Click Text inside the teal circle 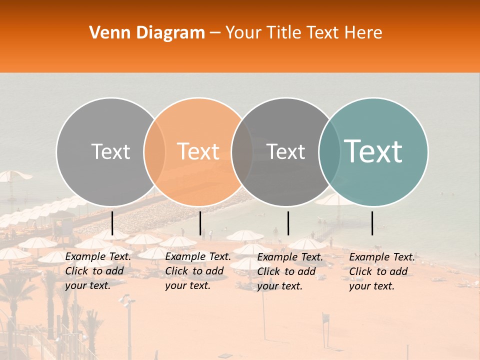click(x=373, y=151)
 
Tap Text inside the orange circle click(x=198, y=151)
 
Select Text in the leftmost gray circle click(x=110, y=151)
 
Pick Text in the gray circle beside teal click(x=285, y=151)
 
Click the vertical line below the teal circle click(x=372, y=223)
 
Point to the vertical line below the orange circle click(x=200, y=223)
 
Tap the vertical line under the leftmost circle click(x=112, y=223)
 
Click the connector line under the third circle click(x=288, y=223)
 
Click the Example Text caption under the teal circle click(x=381, y=271)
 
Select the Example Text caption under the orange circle click(x=197, y=271)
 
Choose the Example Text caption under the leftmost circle click(x=97, y=271)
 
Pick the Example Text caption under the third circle click(x=289, y=271)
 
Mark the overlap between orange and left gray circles click(x=154, y=151)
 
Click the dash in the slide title click(x=215, y=33)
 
